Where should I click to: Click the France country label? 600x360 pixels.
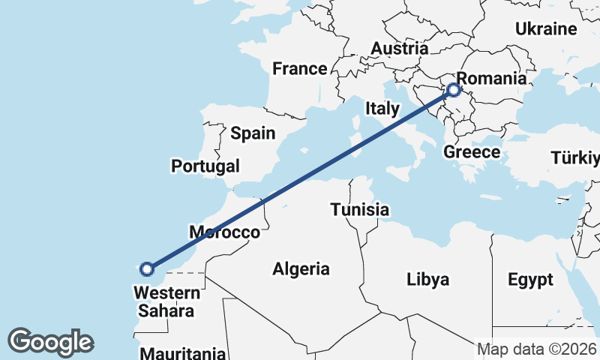pyautogui.click(x=299, y=69)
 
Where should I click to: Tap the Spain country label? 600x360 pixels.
pyautogui.click(x=253, y=133)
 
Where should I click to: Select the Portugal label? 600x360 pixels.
pyautogui.click(x=205, y=166)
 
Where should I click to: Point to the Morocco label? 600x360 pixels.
pyautogui.click(x=224, y=232)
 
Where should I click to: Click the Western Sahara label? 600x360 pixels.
pyautogui.click(x=168, y=301)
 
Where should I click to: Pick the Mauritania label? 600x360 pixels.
pyautogui.click(x=182, y=352)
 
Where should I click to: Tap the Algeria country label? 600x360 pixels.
pyautogui.click(x=301, y=268)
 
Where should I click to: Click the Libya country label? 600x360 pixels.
pyautogui.click(x=427, y=280)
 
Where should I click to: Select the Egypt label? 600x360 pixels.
pyautogui.click(x=529, y=280)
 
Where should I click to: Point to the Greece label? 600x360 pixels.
pyautogui.click(x=472, y=152)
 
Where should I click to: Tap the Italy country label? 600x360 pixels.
pyautogui.click(x=382, y=108)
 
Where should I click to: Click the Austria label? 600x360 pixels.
pyautogui.click(x=399, y=48)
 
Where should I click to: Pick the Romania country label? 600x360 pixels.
pyautogui.click(x=491, y=78)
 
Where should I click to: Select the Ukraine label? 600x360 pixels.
pyautogui.click(x=545, y=29)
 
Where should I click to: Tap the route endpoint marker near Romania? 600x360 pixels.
pyautogui.click(x=454, y=91)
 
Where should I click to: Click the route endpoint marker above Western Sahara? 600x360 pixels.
pyautogui.click(x=148, y=268)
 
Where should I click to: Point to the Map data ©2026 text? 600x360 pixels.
pyautogui.click(x=538, y=349)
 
